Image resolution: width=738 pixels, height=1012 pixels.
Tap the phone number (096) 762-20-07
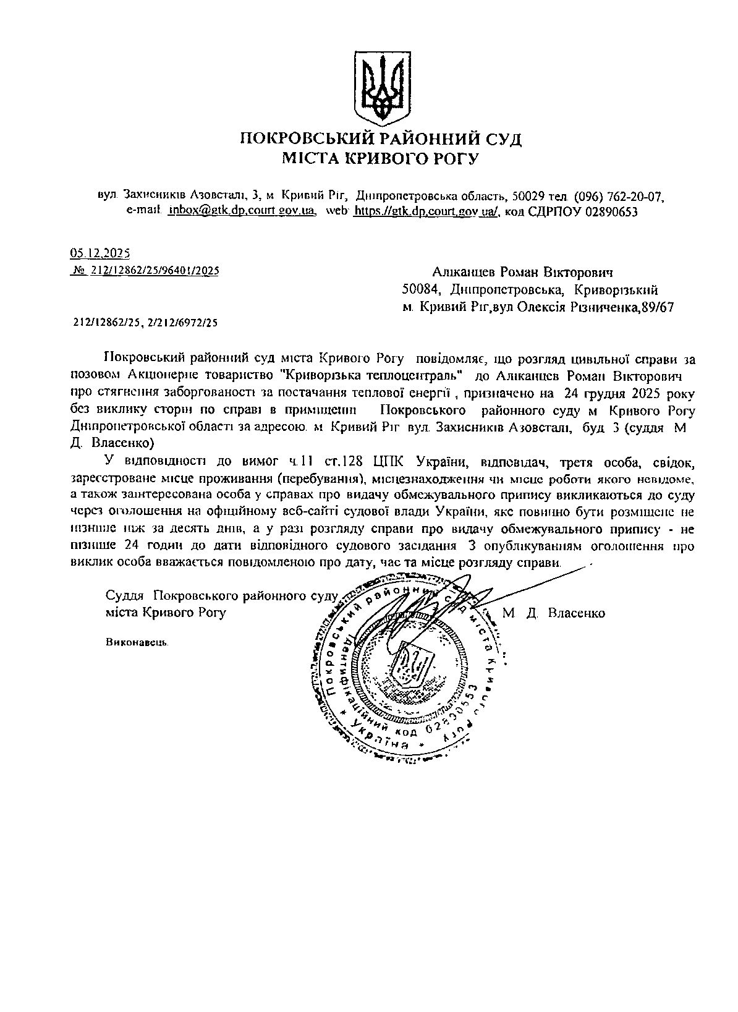(619, 197)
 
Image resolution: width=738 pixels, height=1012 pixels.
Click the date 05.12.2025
(100, 253)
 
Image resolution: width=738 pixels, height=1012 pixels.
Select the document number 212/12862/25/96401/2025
(155, 270)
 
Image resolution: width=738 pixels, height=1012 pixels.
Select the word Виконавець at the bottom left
(137, 641)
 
